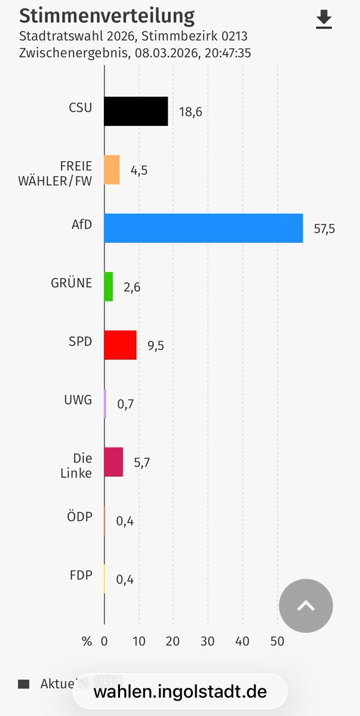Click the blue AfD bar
point(203,228)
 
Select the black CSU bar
point(136,111)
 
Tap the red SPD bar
point(120,345)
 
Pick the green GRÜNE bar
point(108,286)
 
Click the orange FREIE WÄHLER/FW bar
point(112,169)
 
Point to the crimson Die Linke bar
point(113,462)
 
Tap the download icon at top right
point(324,20)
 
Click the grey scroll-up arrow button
point(306,606)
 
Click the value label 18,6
point(190,112)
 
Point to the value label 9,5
point(155,345)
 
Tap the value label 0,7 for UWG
point(125,404)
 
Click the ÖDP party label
point(80,516)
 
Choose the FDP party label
point(81,575)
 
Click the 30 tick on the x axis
point(208,641)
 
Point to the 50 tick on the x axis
point(277,641)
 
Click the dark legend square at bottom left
point(24,684)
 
